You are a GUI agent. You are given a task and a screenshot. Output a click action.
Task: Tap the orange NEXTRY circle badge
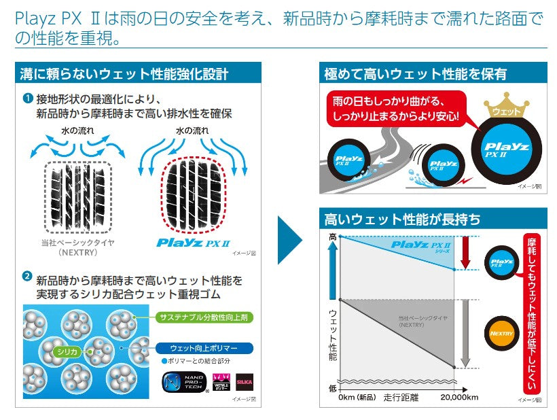[501, 334]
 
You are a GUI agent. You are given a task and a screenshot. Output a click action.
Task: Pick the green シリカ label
[67, 351]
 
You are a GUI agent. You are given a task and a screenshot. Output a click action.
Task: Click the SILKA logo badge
[244, 383]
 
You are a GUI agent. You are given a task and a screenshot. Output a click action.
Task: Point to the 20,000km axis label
[459, 397]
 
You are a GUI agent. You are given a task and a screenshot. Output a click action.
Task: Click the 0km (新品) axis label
[358, 397]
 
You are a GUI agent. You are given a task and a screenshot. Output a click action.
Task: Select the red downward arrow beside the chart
[465, 251]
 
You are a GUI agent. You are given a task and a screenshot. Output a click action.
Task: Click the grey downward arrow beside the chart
[465, 333]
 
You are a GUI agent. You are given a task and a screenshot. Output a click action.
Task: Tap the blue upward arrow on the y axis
[332, 269]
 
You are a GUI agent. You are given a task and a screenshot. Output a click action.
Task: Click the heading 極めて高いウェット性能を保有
[416, 74]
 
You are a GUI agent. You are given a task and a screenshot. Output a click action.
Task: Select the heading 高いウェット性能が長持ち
[402, 219]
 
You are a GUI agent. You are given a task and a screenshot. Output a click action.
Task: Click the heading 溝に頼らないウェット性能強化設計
[124, 74]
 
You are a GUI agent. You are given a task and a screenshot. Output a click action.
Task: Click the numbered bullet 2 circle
[27, 277]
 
